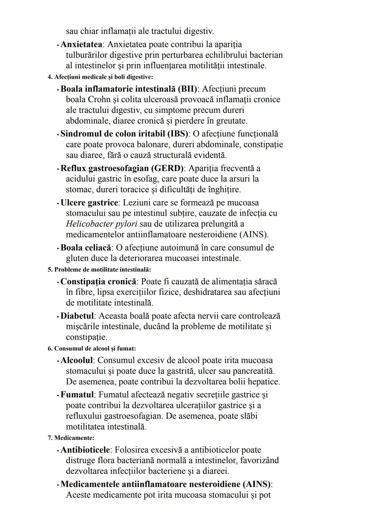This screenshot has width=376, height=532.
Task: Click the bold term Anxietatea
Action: (81, 45)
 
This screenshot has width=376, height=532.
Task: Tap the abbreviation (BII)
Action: (187, 89)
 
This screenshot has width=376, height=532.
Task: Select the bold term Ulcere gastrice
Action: (89, 203)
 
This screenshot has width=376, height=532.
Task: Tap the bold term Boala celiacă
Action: (86, 248)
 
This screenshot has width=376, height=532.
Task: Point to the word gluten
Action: (77, 259)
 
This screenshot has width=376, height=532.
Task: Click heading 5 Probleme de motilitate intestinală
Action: (99, 270)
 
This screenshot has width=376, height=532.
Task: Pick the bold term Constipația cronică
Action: (98, 282)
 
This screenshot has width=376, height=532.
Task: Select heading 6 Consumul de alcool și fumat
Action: (92, 348)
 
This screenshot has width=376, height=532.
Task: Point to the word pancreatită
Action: (252, 371)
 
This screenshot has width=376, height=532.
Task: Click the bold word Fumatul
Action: (77, 395)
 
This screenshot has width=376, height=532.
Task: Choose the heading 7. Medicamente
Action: (71, 438)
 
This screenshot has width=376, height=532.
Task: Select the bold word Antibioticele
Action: (85, 450)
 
